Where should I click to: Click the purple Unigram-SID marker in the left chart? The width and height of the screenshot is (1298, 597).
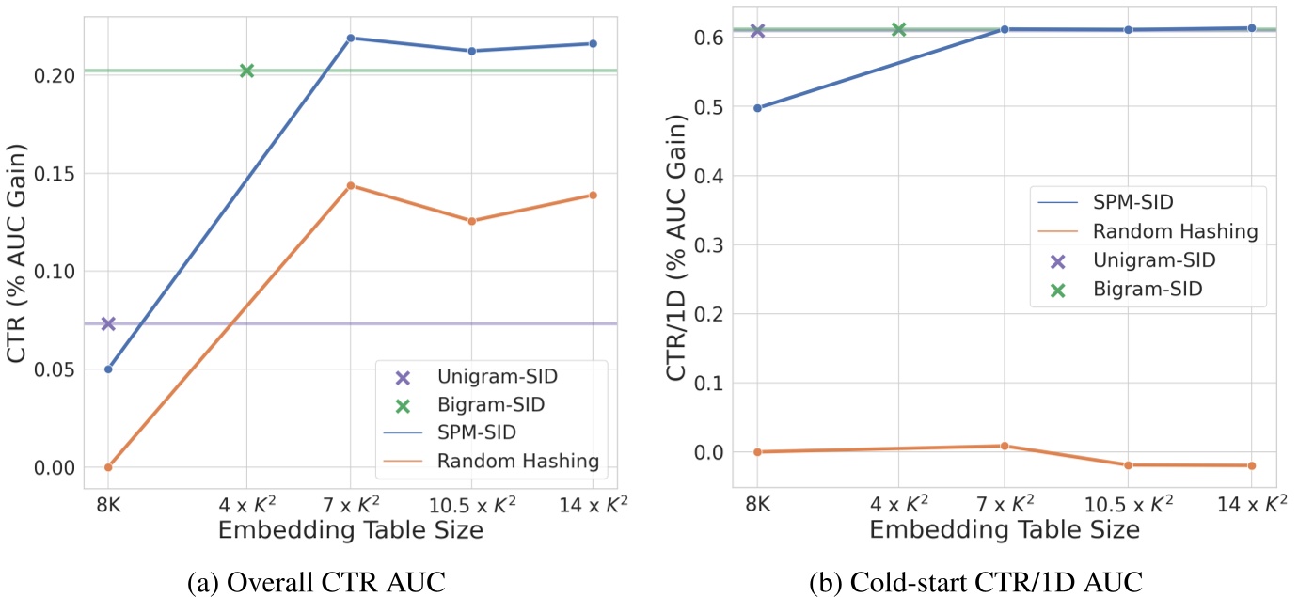[108, 323]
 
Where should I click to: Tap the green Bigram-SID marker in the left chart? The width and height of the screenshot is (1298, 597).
[246, 71]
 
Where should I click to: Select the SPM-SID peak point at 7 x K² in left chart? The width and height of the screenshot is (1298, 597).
[350, 38]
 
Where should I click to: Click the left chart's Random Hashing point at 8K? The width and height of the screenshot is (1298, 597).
[108, 467]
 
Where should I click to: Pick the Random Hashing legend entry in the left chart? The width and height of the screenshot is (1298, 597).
[518, 461]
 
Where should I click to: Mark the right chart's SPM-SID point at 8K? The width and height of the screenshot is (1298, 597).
[757, 108]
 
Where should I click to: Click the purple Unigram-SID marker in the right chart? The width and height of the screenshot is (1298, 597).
[757, 30]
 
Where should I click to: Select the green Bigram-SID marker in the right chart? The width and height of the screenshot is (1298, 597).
[898, 30]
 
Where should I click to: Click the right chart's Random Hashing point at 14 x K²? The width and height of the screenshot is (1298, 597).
[1252, 465]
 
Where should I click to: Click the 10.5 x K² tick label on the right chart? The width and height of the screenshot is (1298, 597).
[1128, 503]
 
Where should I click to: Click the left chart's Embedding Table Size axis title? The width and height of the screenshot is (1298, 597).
[350, 529]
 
